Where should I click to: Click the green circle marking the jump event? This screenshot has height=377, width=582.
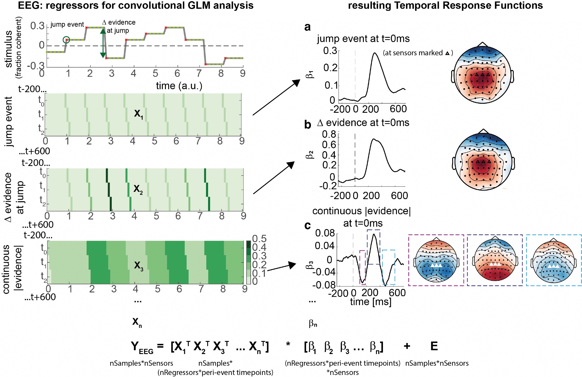pyautogui.click(x=66, y=40)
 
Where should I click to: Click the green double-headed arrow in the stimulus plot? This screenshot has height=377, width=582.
pyautogui.click(x=103, y=43)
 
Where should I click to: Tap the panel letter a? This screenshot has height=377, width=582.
pyautogui.click(x=307, y=27)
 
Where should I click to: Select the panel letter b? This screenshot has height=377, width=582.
pyautogui.click(x=308, y=125)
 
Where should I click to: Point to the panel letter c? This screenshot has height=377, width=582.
pyautogui.click(x=307, y=226)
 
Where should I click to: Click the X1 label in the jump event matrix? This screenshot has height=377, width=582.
pyautogui.click(x=139, y=114)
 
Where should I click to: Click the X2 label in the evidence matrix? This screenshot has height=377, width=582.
pyautogui.click(x=138, y=189)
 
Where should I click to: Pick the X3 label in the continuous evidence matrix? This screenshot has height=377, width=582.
pyautogui.click(x=139, y=265)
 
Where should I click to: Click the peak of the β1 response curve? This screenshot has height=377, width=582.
pyautogui.click(x=375, y=53)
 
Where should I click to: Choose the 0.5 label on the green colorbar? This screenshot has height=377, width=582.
pyautogui.click(x=259, y=239)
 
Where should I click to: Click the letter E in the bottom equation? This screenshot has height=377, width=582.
pyautogui.click(x=434, y=346)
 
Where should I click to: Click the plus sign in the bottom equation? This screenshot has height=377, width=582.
pyautogui.click(x=407, y=346)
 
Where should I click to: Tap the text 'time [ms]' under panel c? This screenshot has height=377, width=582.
pyautogui.click(x=370, y=302)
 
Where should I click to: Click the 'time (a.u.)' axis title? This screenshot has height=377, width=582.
pyautogui.click(x=179, y=86)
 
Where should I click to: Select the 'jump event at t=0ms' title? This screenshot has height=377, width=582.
pyautogui.click(x=363, y=39)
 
